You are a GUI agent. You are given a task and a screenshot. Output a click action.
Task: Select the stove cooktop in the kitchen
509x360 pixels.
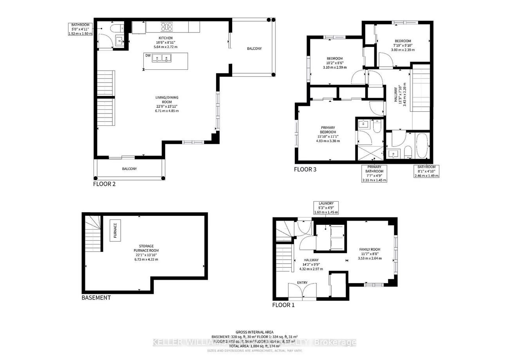click(x=167, y=27)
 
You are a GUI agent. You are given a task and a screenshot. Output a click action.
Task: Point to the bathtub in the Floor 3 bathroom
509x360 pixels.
click(x=422, y=146)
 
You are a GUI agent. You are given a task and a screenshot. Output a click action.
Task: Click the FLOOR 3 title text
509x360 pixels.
click(x=305, y=170)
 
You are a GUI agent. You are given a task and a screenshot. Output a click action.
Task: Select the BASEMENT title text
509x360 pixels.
click(x=96, y=298)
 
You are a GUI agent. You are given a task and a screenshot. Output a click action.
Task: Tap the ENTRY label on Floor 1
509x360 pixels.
click(x=302, y=282)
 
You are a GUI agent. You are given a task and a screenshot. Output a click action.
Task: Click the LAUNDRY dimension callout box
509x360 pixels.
click(x=326, y=208)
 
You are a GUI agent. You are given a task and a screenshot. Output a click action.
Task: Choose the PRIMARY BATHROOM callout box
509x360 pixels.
click(x=374, y=174)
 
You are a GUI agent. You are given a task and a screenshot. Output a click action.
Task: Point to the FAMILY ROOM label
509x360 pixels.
click(x=370, y=249)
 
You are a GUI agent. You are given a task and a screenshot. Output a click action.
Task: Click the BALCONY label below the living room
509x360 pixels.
click(x=129, y=169)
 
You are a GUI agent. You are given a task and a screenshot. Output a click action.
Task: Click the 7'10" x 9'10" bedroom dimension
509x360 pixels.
click(x=403, y=45)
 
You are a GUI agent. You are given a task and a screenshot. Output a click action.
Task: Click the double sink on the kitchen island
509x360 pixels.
click(x=162, y=59)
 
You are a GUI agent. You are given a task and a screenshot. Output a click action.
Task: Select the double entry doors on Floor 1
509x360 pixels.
click(x=302, y=293)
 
